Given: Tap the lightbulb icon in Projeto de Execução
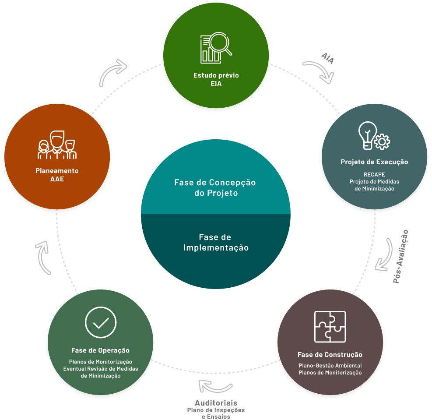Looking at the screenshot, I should pyautogui.click(x=368, y=134).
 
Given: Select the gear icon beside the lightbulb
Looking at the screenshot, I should pyautogui.click(x=383, y=141).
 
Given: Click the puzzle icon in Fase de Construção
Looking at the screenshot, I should pyautogui.click(x=330, y=327).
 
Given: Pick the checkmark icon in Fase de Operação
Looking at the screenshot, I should pyautogui.click(x=101, y=322).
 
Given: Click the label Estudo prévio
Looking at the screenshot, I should pyautogui.click(x=216, y=75).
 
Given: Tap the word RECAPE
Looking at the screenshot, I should pyautogui.click(x=374, y=174).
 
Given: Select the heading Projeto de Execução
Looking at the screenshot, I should pyautogui.click(x=374, y=162).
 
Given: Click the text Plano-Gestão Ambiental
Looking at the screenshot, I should pyautogui.click(x=330, y=365).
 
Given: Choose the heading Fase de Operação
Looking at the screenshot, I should pyautogui.click(x=100, y=350).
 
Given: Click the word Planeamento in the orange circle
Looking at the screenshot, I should pyautogui.click(x=57, y=170).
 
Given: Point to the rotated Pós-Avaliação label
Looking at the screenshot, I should pyautogui.click(x=400, y=256).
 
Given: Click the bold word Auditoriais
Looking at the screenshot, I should pyautogui.click(x=216, y=402).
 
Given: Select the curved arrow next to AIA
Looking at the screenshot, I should pyautogui.click(x=319, y=71).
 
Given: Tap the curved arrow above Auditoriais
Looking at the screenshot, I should pyautogui.click(x=215, y=385).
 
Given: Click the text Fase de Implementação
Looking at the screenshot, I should pyautogui.click(x=216, y=243).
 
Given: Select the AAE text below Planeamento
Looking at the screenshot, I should pyautogui.click(x=57, y=179).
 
